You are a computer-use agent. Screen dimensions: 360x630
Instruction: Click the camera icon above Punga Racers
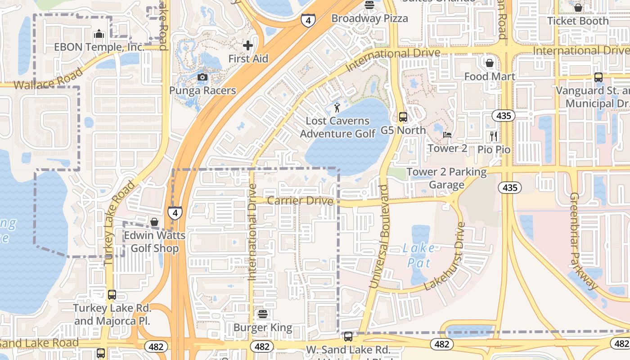click(x=202, y=77)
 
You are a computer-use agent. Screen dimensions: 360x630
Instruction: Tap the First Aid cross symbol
click(x=248, y=45)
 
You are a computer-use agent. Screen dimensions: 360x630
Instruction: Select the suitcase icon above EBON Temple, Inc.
click(x=99, y=34)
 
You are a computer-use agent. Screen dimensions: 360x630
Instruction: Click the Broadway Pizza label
click(x=369, y=18)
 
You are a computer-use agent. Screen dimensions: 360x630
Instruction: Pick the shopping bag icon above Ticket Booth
click(x=578, y=8)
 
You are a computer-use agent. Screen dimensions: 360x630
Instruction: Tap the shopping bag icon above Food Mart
click(x=490, y=63)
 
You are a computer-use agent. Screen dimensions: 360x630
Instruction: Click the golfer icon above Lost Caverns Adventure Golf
click(x=337, y=108)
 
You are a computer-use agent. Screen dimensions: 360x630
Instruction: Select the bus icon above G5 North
click(x=403, y=117)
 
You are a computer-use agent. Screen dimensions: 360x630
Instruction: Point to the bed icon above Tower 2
click(x=447, y=135)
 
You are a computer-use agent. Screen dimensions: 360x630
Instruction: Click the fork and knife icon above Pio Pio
click(x=494, y=136)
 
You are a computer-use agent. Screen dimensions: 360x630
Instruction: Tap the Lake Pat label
click(x=419, y=255)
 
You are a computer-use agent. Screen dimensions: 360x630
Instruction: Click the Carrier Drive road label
click(x=300, y=201)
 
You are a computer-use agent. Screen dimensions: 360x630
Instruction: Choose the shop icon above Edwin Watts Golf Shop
click(x=154, y=222)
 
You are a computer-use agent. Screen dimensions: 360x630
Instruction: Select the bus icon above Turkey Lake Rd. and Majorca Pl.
click(x=112, y=295)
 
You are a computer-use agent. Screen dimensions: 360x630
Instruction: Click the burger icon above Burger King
click(x=263, y=314)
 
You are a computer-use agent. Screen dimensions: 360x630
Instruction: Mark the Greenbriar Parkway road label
click(x=584, y=241)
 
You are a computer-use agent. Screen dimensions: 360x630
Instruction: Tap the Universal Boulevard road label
click(x=378, y=236)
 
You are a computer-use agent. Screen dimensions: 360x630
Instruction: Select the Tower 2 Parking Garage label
click(x=446, y=178)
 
